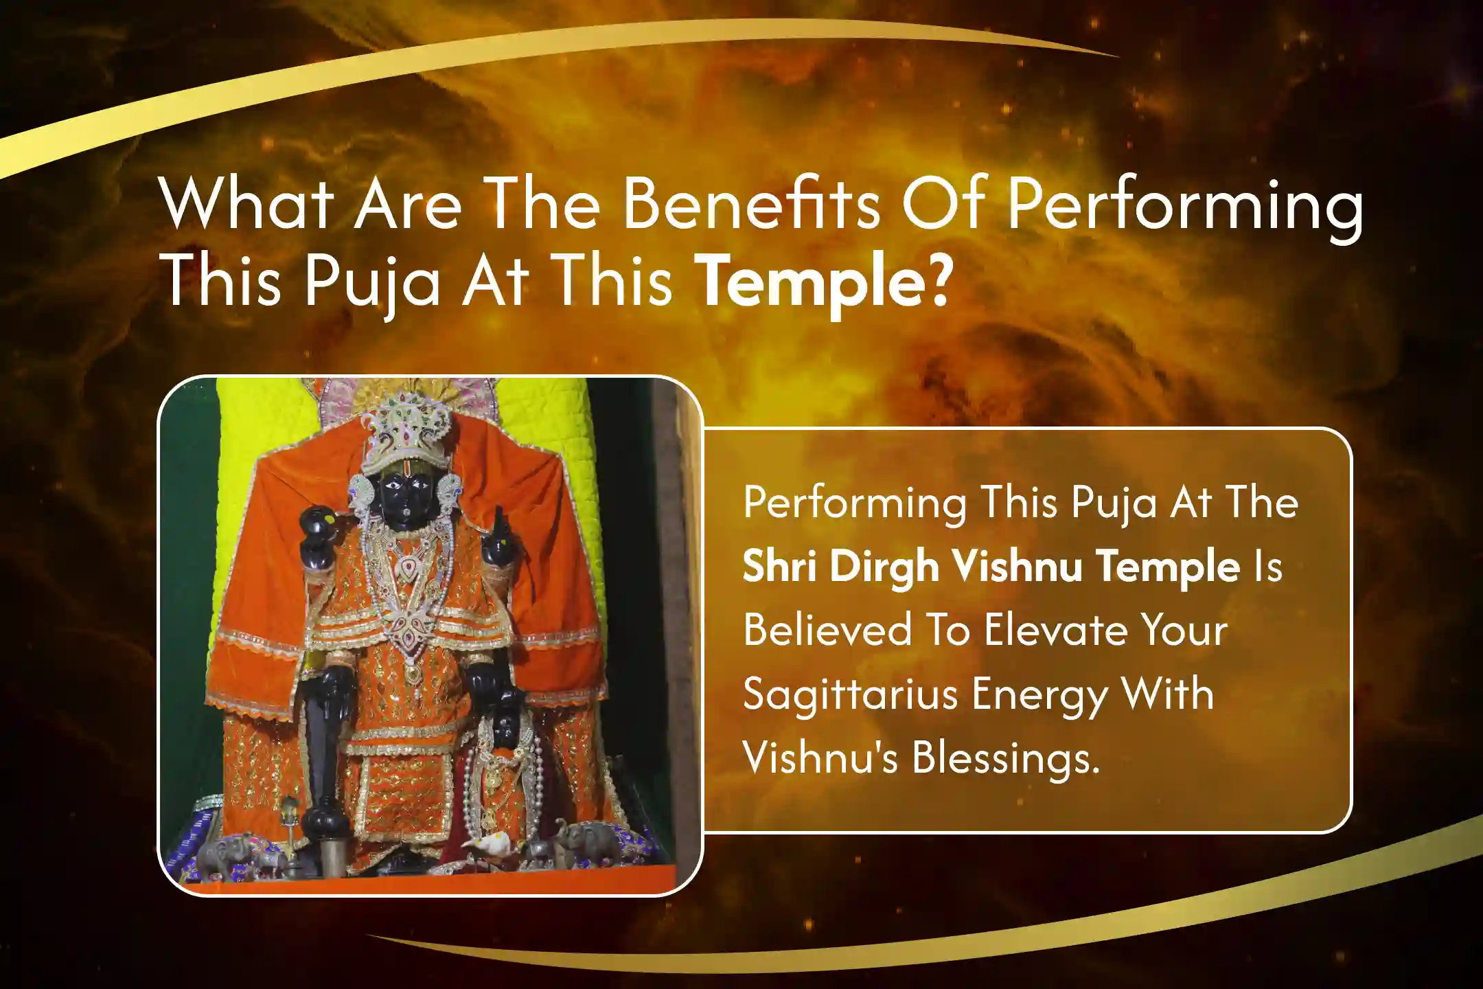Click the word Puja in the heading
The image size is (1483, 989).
pyautogui.click(x=371, y=282)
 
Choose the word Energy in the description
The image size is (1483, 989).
pyautogui.click(x=1041, y=695)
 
